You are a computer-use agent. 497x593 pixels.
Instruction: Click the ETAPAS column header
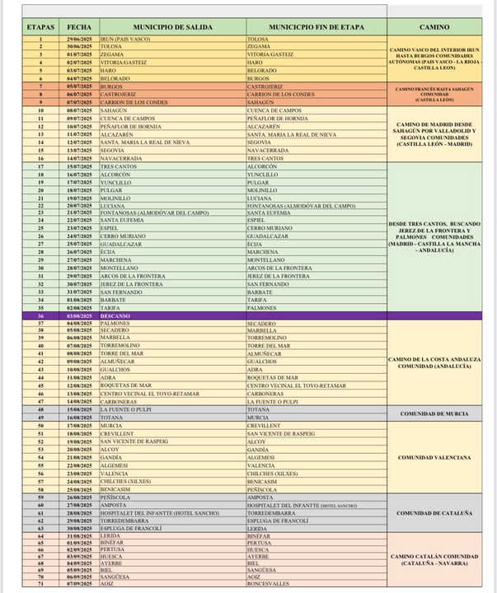[x=40, y=26]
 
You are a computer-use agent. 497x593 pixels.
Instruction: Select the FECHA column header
[x=80, y=26]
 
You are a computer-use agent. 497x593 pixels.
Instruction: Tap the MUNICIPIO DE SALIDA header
[x=171, y=26]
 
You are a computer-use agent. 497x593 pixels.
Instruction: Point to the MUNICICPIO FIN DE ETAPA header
[x=316, y=26]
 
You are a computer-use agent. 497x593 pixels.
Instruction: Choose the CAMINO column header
[x=434, y=26]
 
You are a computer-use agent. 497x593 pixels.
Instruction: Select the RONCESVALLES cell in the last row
[x=268, y=584]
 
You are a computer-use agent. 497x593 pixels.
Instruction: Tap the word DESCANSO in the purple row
[x=116, y=316]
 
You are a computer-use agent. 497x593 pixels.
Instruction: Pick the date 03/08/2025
[x=80, y=316]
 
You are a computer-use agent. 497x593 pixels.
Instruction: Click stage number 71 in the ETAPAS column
[x=40, y=584]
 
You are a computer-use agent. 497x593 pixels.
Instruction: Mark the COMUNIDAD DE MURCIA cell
[x=434, y=413]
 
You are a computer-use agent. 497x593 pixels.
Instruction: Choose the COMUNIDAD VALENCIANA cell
[x=434, y=457]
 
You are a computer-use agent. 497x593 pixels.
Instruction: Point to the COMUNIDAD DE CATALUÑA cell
[x=434, y=513]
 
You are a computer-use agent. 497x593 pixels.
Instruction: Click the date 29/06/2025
[x=80, y=38]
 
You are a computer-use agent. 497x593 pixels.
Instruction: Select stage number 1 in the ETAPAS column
[x=40, y=38]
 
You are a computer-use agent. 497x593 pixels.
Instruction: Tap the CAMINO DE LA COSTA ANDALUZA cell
[x=434, y=362]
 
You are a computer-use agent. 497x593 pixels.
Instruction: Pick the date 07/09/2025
[x=80, y=584]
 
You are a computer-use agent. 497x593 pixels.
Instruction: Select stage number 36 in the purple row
[x=40, y=316]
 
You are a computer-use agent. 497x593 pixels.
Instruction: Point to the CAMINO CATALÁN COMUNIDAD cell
[x=434, y=560]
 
